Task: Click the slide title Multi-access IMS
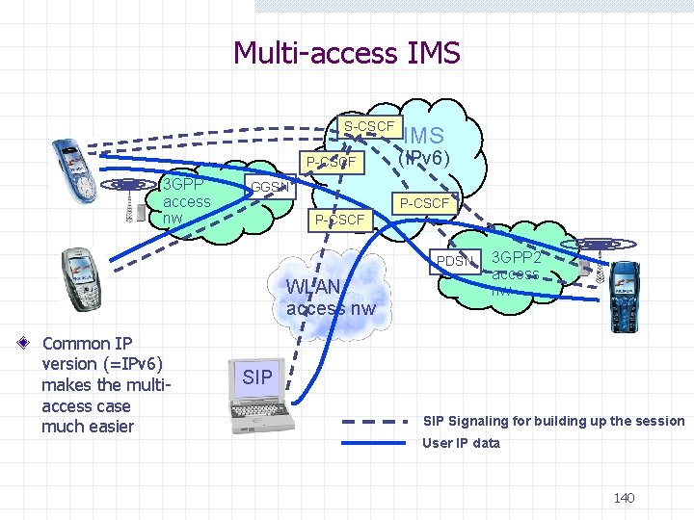pyautogui.click(x=347, y=52)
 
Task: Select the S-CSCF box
pyautogui.click(x=369, y=127)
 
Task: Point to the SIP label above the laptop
pyautogui.click(x=257, y=377)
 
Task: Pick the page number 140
pyautogui.click(x=624, y=498)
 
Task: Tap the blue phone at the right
pyautogui.click(x=626, y=294)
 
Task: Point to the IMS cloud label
pyautogui.click(x=424, y=136)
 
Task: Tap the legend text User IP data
pyautogui.click(x=462, y=443)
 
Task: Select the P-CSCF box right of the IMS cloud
pyautogui.click(x=424, y=203)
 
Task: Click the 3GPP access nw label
pyautogui.click(x=186, y=201)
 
